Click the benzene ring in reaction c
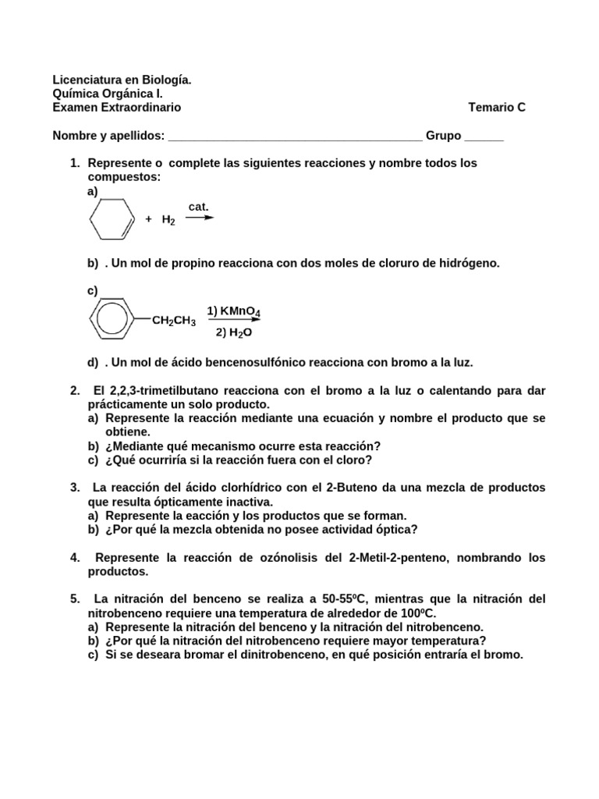(x=113, y=320)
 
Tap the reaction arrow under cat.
(x=199, y=218)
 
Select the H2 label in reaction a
(x=168, y=221)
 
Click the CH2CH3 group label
(x=173, y=321)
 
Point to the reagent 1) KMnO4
(x=233, y=311)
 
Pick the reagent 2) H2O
(x=234, y=332)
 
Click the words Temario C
(x=497, y=108)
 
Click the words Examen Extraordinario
(x=116, y=108)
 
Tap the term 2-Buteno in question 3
(x=350, y=487)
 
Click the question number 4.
(x=75, y=557)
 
